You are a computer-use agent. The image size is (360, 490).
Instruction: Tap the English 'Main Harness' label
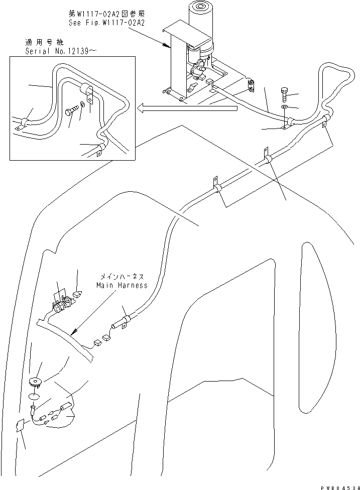(x=122, y=285)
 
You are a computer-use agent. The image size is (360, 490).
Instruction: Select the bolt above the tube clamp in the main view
(x=285, y=94)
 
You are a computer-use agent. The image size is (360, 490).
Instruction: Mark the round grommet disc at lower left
(x=36, y=381)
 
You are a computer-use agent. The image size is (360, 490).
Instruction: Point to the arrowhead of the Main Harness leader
(x=74, y=332)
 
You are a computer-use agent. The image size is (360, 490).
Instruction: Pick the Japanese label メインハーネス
(x=122, y=277)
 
